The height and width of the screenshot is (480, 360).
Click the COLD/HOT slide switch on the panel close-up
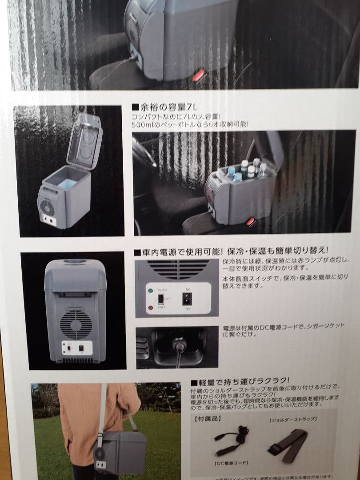click(161, 299)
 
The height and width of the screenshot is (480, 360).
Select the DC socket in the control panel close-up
click(187, 298)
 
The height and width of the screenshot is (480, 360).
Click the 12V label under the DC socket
click(187, 309)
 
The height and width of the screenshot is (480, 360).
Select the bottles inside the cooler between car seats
click(247, 171)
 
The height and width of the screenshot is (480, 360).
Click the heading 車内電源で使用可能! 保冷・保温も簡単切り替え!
click(231, 252)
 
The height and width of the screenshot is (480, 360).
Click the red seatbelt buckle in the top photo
click(198, 74)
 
